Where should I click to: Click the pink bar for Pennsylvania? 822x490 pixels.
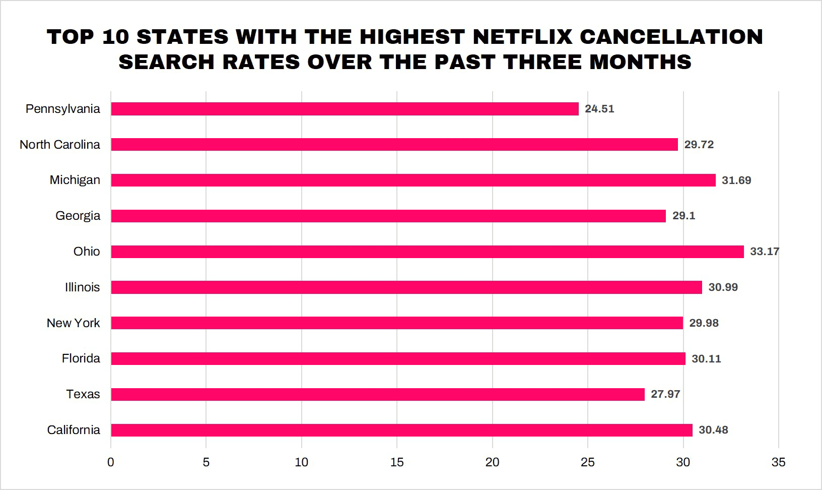(345, 109)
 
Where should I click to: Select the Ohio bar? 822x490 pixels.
(427, 252)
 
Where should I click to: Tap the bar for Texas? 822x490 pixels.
(378, 394)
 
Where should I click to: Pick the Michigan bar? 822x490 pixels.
(413, 180)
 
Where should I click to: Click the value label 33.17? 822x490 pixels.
(764, 252)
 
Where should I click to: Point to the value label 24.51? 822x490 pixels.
(599, 109)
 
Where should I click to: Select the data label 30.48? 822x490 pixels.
(713, 430)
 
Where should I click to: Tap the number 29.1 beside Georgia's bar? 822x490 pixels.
(683, 216)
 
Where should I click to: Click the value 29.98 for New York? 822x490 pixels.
(704, 323)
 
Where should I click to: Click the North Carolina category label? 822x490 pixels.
(60, 145)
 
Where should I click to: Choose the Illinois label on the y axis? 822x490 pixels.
(82, 287)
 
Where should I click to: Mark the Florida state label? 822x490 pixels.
(81, 358)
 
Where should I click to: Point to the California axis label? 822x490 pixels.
(74, 430)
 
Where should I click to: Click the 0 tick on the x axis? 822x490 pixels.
(111, 462)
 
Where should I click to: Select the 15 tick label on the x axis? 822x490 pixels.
(397, 462)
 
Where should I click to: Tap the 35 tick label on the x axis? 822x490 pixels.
(778, 462)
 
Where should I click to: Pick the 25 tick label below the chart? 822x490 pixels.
(588, 462)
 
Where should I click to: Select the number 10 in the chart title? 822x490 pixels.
(115, 37)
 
